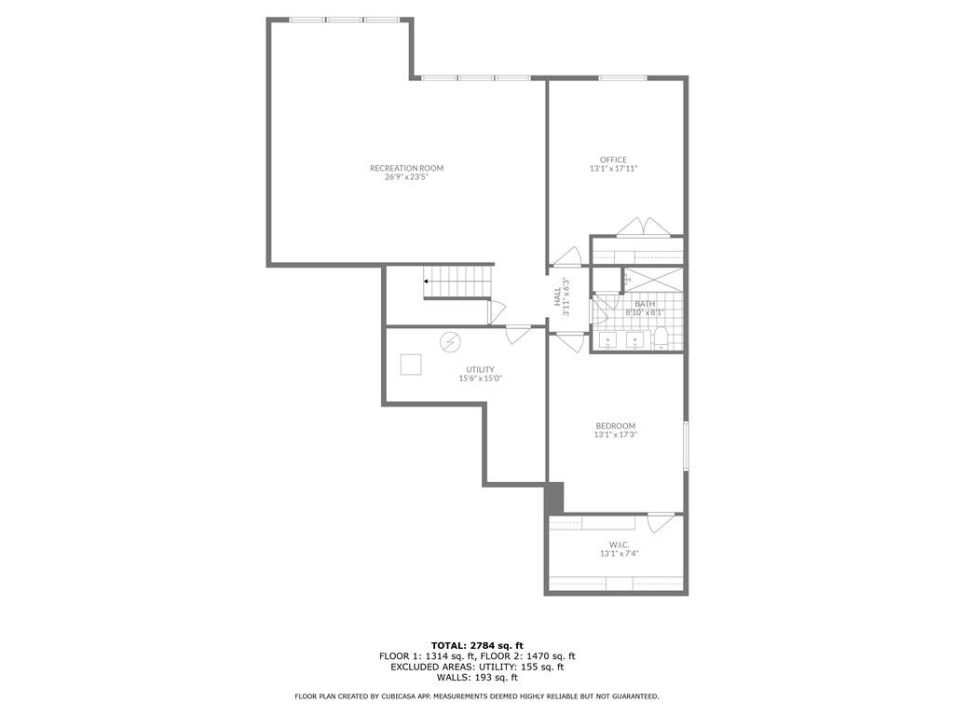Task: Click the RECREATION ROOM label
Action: [x=406, y=169]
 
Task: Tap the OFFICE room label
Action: [x=613, y=159]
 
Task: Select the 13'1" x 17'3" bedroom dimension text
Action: [x=615, y=434]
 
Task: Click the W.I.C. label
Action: [x=619, y=544]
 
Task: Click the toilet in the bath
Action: [x=661, y=338]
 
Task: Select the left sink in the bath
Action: [x=608, y=339]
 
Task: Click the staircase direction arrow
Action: [x=427, y=281]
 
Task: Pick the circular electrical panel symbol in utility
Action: [x=450, y=342]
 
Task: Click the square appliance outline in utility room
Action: [x=411, y=365]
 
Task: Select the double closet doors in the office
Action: [x=644, y=228]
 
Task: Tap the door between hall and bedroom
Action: [x=569, y=341]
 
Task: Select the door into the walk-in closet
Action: [x=662, y=522]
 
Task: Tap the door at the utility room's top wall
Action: [x=519, y=334]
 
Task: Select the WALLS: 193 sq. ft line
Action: [x=477, y=678]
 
